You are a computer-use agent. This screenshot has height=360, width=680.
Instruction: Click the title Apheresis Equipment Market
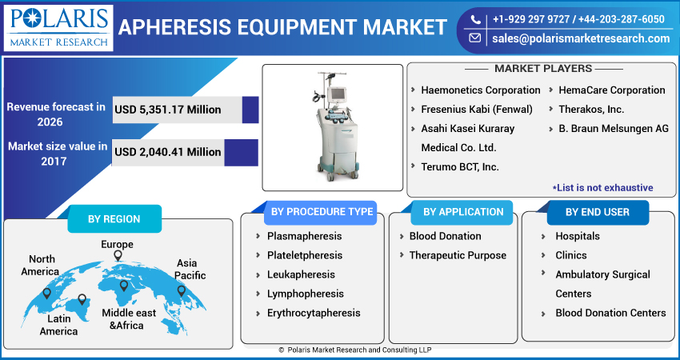tap(282, 27)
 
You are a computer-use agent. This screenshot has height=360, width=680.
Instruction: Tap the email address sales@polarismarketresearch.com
tap(581, 38)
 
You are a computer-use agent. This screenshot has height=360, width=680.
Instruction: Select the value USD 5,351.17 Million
tap(168, 110)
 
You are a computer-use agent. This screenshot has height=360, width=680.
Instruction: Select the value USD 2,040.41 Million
tap(168, 151)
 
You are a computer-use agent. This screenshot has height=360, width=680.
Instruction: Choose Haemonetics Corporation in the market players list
tap(480, 90)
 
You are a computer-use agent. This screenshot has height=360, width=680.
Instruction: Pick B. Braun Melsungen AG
tap(613, 129)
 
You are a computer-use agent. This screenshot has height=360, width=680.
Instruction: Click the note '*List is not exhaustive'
tap(602, 187)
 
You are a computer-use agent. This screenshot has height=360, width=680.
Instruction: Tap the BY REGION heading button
tap(114, 219)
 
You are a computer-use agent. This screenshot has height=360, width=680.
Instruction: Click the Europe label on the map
tap(117, 244)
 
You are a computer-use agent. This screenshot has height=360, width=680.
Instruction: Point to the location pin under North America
tap(46, 293)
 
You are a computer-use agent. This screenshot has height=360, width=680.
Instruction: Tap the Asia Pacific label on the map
tap(190, 270)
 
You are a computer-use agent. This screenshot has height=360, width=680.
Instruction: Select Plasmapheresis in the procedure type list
tap(304, 237)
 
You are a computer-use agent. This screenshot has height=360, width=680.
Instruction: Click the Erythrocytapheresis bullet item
tap(314, 314)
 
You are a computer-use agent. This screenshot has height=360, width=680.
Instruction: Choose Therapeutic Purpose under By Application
tap(458, 256)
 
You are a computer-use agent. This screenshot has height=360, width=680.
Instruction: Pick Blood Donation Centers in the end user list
tap(610, 314)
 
